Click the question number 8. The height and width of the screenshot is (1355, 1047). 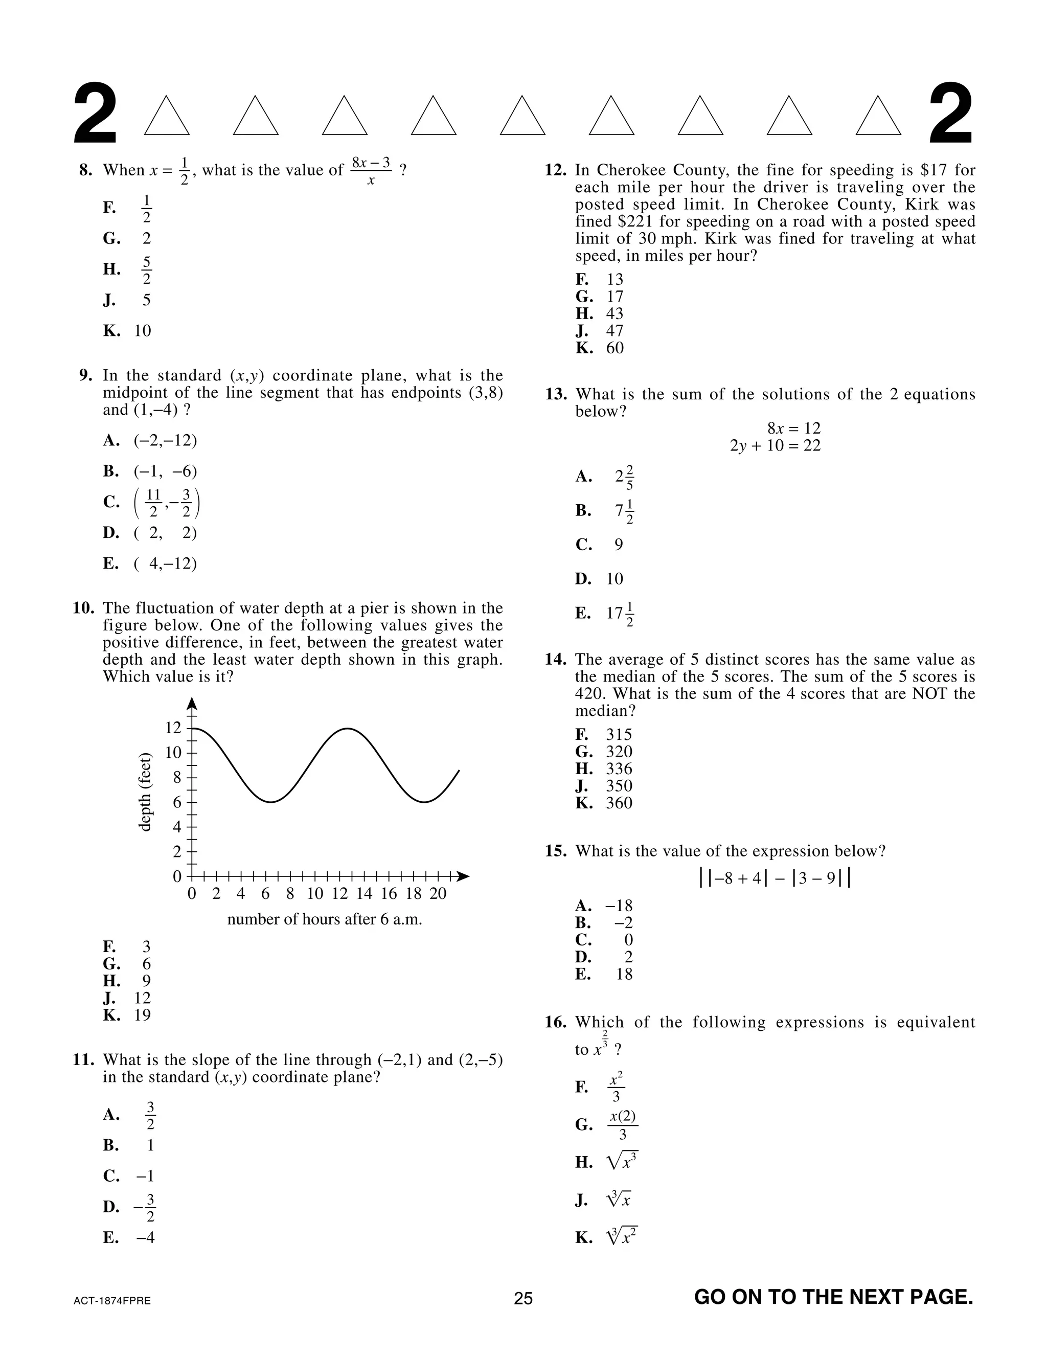85,170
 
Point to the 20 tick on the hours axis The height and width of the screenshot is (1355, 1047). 438,893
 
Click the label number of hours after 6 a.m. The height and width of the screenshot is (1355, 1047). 325,919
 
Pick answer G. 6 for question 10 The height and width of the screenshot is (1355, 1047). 127,963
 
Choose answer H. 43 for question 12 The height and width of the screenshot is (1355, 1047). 600,313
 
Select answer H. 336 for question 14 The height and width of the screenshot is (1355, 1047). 604,769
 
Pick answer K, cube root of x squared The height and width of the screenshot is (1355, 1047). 607,1238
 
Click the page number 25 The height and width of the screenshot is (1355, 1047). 523,1298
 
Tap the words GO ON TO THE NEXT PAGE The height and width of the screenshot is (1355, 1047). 833,1297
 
